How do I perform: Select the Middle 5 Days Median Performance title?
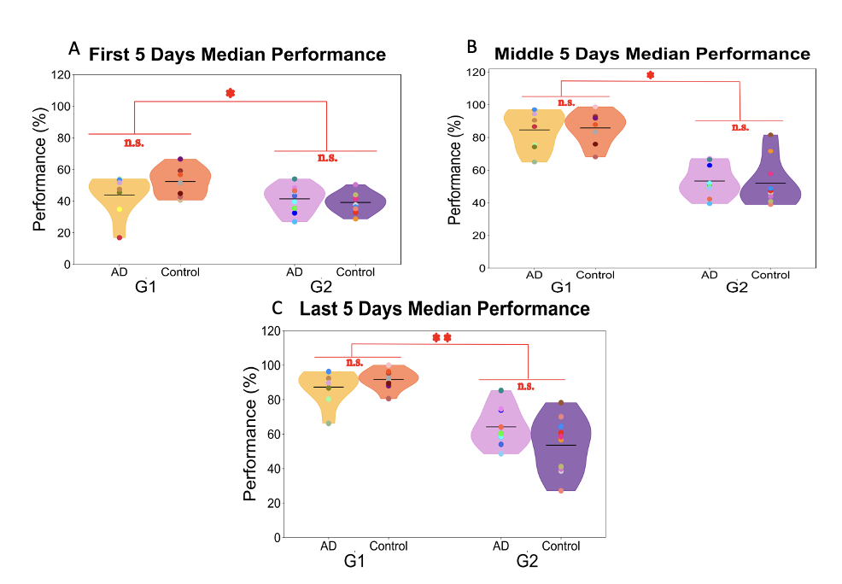tap(652, 54)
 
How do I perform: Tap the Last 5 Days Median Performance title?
tap(444, 309)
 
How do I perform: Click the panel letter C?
tap(275, 307)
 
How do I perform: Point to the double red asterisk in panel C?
tap(441, 337)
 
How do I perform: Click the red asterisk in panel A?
tap(230, 92)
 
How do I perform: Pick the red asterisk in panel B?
tap(650, 75)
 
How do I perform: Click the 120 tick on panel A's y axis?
tap(59, 74)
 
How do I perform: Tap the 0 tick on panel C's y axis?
tap(275, 538)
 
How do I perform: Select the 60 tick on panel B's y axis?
tap(480, 170)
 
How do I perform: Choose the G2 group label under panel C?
tap(527, 562)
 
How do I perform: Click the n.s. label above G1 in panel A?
tap(133, 143)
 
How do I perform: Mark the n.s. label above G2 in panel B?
tap(740, 127)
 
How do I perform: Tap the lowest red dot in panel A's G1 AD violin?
tap(119, 237)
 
